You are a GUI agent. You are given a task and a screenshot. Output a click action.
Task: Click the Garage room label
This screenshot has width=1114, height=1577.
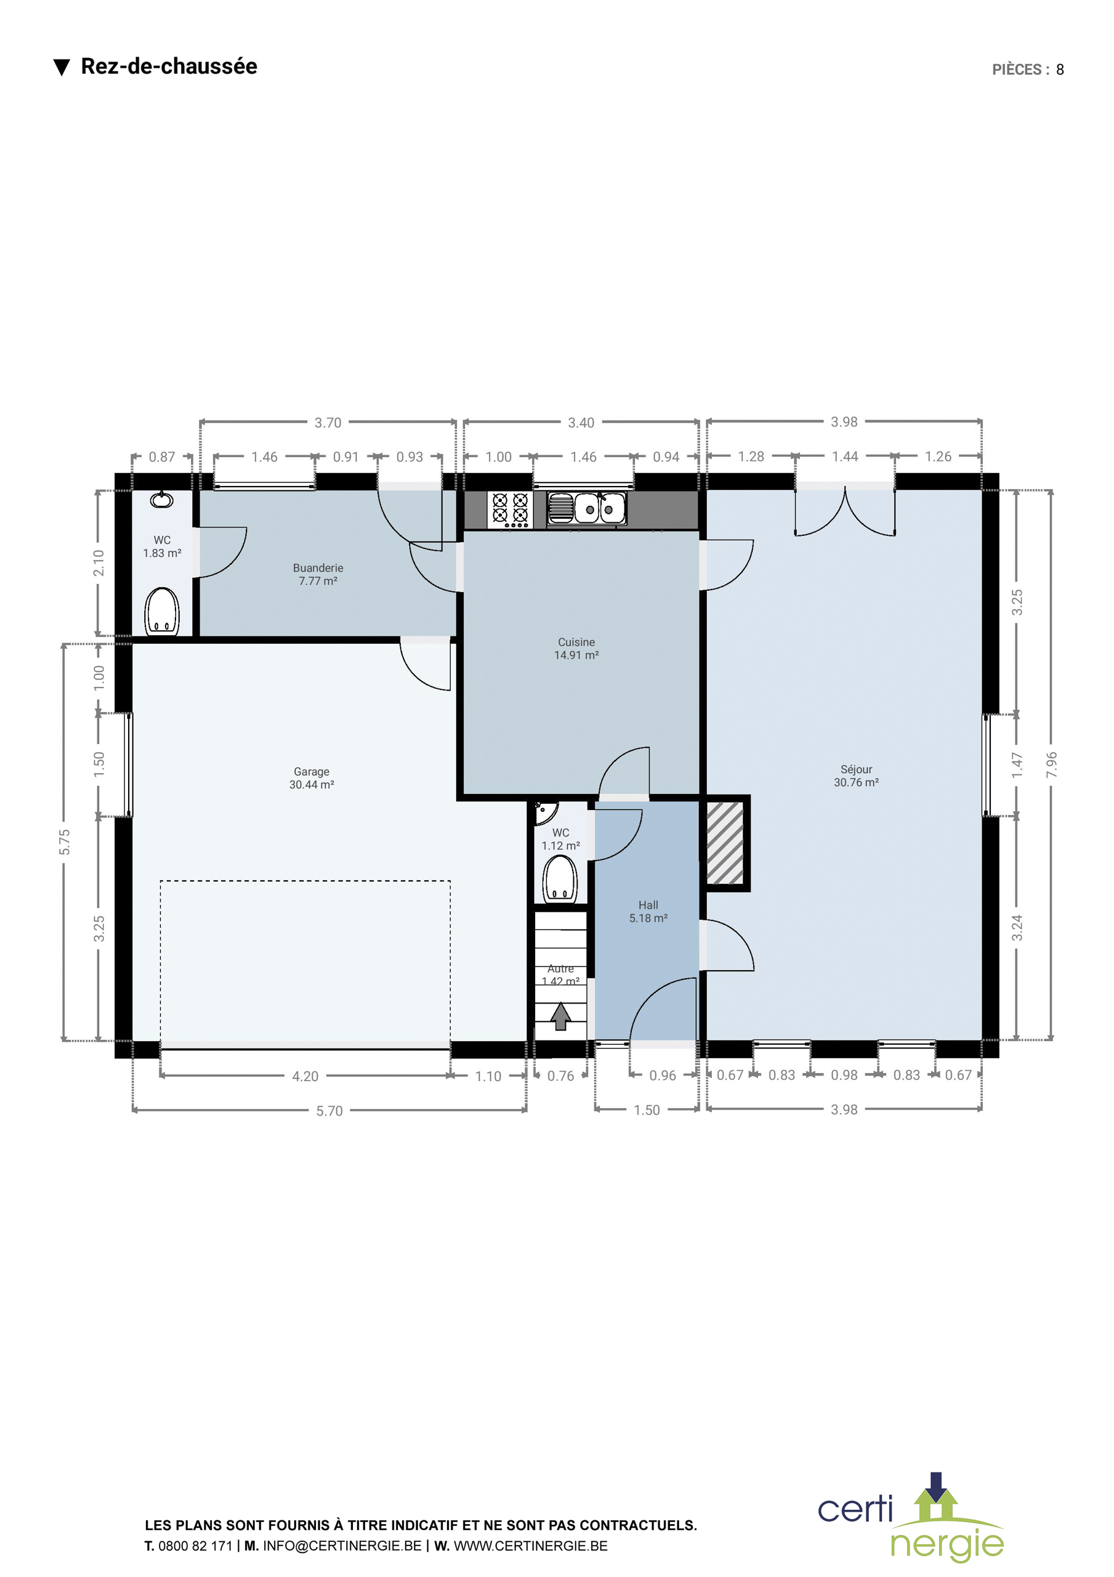click(311, 778)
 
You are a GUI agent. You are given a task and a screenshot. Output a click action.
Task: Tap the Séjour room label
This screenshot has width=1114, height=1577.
click(856, 776)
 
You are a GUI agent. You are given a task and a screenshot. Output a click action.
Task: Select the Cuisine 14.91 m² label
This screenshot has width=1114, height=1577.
click(576, 649)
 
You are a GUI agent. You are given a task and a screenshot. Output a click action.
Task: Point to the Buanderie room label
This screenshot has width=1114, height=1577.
click(318, 574)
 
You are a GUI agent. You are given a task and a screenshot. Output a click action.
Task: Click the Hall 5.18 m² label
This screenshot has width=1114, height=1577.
click(648, 912)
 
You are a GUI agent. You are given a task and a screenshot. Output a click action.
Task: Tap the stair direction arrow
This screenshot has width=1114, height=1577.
click(560, 1016)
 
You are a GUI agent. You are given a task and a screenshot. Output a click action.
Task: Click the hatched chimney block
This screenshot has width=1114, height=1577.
click(725, 843)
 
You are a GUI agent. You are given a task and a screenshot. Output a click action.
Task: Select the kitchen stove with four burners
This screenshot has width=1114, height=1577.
click(510, 509)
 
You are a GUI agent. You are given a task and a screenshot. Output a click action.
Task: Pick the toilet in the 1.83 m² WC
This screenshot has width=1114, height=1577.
click(162, 611)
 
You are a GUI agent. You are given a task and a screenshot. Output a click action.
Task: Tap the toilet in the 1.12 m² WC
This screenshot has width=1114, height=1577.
click(560, 880)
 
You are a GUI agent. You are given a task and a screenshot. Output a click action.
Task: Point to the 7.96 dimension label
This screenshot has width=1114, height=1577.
click(1052, 764)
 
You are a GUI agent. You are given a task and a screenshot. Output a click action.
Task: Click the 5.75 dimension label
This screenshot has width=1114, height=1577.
click(65, 842)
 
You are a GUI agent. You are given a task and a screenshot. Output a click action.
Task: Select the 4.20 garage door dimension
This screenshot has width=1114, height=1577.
click(305, 1076)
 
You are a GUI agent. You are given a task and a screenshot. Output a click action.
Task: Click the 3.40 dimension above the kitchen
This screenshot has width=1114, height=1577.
click(581, 423)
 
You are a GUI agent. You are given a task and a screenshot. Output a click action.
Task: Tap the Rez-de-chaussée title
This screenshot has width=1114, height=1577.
click(169, 66)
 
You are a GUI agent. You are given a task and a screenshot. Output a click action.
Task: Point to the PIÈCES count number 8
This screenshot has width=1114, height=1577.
click(1060, 70)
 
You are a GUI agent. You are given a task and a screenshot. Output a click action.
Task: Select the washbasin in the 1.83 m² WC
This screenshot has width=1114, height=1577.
click(162, 500)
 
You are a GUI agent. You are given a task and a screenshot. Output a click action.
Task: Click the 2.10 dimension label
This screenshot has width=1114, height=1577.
click(99, 563)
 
